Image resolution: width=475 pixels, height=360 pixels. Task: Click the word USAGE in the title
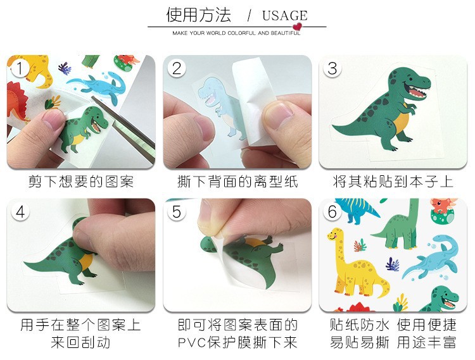[x=285, y=16]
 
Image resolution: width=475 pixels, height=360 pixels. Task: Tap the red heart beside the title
[x=298, y=27]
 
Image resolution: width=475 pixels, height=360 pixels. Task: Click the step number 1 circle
[x=20, y=68]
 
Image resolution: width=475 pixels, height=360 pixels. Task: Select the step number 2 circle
[x=176, y=68]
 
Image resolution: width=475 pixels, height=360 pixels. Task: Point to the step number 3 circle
[x=332, y=68]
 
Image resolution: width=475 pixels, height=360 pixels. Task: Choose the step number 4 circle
[x=20, y=212]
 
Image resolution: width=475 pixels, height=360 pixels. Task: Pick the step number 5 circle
[x=176, y=212]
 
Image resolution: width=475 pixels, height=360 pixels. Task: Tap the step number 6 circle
[x=332, y=212]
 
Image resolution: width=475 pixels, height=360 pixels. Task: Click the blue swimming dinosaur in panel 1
[x=98, y=87]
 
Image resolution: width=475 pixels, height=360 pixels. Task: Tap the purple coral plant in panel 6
[x=392, y=264]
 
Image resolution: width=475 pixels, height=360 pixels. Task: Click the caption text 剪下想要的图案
[x=81, y=182]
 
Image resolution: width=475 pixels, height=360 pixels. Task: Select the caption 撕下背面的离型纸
[x=237, y=182]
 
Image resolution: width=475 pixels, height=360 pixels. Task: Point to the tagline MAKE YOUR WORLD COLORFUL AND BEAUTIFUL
[x=236, y=33]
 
